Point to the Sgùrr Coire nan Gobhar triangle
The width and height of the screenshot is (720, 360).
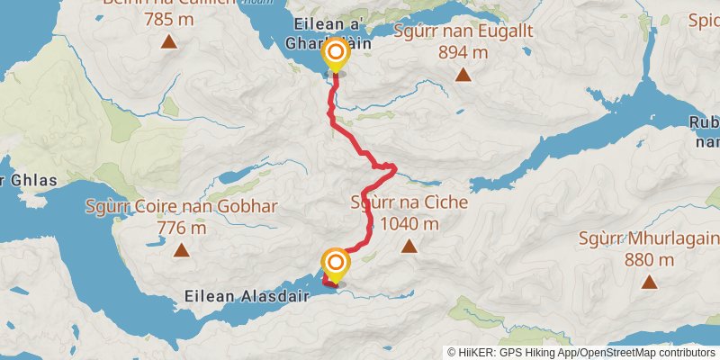(x=181, y=250)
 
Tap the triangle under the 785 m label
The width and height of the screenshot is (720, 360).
(x=168, y=41)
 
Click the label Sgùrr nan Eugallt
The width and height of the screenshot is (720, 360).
(x=463, y=31)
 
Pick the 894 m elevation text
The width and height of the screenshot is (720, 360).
(x=463, y=52)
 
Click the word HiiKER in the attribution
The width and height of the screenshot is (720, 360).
(x=481, y=352)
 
